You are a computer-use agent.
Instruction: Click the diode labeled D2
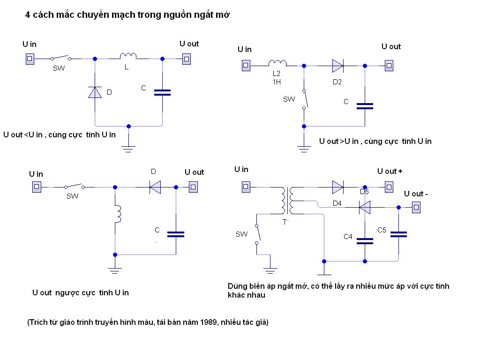338,66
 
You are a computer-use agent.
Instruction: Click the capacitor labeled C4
365,241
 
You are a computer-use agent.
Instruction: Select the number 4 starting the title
27,15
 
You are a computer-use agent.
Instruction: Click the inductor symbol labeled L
128,57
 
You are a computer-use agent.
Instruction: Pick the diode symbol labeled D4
365,207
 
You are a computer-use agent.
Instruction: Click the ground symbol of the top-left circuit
128,149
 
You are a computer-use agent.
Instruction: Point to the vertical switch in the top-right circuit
304,99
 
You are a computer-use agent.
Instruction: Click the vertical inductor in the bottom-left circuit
118,214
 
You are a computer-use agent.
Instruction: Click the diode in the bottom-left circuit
155,187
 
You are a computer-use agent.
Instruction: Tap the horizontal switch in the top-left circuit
61,58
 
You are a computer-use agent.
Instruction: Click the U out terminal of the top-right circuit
389,66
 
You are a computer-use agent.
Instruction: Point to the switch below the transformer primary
257,234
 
